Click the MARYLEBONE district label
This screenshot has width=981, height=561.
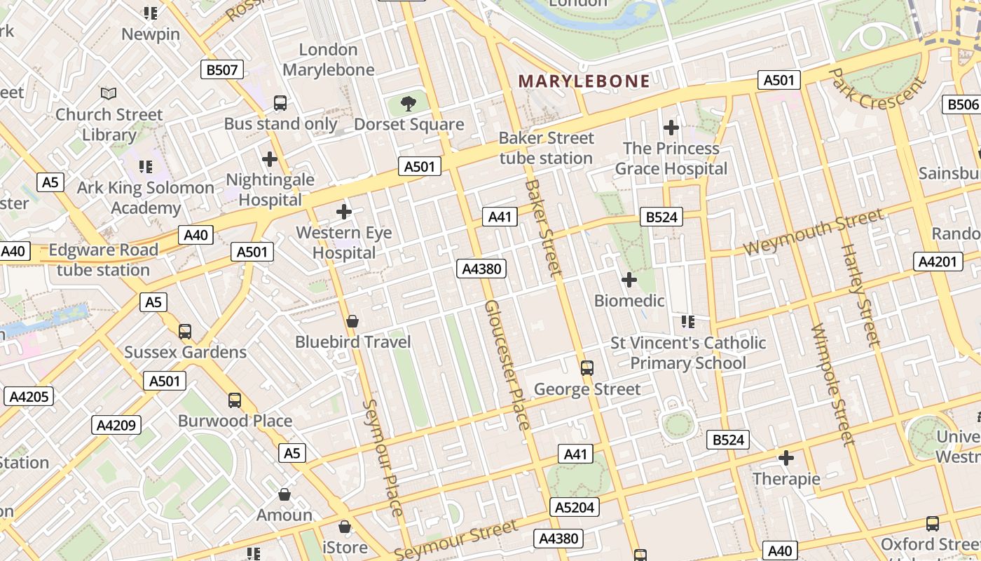584,81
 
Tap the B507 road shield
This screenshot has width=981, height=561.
222,69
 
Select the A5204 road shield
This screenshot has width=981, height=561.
575,507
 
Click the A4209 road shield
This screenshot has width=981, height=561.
116,425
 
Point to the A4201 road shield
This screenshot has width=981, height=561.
936,262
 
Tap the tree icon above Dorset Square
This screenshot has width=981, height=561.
408,104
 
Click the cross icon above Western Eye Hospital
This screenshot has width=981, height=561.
344,212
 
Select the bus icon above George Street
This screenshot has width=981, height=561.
587,368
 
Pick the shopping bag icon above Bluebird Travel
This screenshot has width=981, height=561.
352,322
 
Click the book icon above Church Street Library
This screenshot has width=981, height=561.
109,93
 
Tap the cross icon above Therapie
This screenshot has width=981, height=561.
786,459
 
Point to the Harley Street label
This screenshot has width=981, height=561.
860,295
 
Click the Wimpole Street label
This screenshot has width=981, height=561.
833,384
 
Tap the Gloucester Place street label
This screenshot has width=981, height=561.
507,365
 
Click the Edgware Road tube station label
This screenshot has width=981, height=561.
103,259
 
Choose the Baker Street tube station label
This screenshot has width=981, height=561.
546,148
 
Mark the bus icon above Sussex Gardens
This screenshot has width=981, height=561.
185,332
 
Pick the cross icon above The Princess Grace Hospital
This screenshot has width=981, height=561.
671,128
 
